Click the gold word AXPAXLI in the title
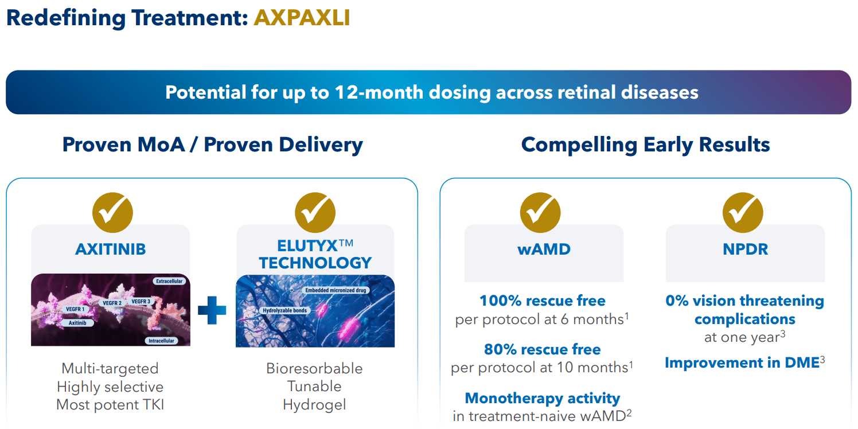point(302,18)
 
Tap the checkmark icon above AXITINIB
point(112,213)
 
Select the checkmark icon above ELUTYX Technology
point(315,213)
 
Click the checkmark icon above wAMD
point(540,213)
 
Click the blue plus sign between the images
point(212,310)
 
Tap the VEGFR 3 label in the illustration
point(141,301)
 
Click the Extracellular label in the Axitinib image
point(169,281)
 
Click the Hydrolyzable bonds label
point(284,310)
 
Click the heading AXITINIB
point(110,249)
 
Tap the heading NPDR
point(745,249)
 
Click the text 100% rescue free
point(542,301)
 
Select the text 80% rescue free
point(542,349)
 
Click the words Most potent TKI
point(110,404)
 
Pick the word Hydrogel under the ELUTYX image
point(314,404)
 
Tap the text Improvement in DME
point(742,362)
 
